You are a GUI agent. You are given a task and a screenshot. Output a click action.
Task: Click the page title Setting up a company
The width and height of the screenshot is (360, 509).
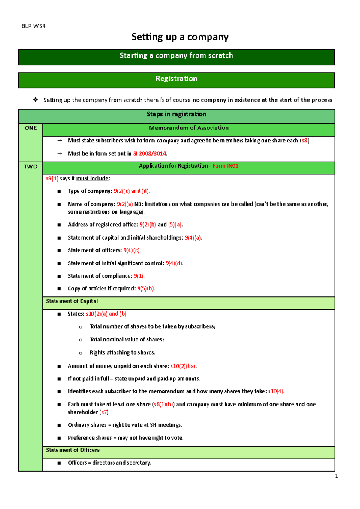180,37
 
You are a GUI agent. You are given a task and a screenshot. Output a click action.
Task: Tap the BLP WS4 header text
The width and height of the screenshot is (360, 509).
34,26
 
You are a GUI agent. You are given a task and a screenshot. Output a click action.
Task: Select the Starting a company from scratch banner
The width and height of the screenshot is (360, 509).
176,56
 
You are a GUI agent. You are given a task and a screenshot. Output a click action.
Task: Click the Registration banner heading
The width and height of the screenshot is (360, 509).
176,79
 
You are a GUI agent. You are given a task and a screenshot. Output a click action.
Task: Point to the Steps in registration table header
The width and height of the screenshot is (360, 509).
176,114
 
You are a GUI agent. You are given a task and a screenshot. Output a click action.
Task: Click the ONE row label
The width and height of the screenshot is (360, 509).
31,128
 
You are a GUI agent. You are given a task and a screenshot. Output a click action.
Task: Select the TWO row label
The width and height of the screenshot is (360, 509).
31,167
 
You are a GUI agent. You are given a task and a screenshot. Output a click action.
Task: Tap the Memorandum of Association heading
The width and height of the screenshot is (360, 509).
189,128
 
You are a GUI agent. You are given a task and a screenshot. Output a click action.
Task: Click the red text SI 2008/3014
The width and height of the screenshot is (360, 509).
150,154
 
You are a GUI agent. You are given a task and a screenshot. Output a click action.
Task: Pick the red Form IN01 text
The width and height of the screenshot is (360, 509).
225,166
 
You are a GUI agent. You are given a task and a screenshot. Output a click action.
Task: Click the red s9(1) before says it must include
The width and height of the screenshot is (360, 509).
52,179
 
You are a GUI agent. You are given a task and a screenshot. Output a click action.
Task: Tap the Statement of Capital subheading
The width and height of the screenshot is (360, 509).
72,301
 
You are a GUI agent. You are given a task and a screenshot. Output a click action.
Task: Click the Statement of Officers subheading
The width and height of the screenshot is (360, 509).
73,450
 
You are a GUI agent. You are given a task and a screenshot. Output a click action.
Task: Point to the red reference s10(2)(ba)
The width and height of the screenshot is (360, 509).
183,366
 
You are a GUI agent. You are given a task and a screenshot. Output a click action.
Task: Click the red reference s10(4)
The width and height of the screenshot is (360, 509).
276,391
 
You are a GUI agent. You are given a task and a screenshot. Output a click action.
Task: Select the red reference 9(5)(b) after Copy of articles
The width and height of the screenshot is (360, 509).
145,289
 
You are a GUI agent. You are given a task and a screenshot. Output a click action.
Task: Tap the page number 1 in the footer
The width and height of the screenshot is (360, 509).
336,476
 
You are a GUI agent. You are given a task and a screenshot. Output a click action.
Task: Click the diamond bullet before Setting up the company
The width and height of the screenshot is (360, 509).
36,100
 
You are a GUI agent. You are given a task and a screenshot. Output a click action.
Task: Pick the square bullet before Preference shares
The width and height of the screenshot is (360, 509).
59,438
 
